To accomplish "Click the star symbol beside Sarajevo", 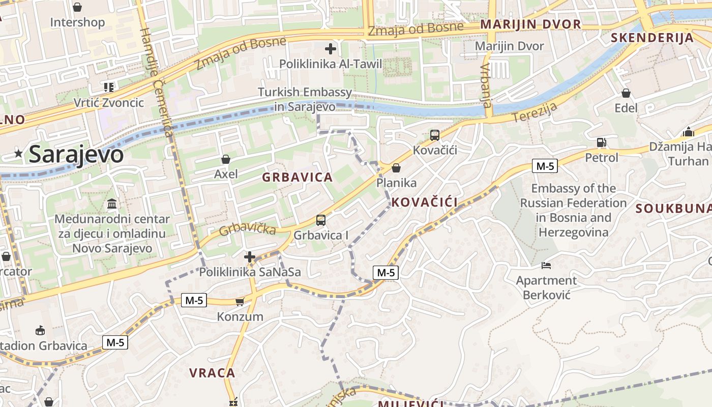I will click(x=19, y=153).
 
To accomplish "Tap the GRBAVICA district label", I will click(x=298, y=178).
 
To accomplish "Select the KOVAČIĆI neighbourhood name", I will click(x=425, y=202).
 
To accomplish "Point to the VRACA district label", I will click(x=212, y=373).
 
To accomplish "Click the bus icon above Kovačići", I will click(x=435, y=135).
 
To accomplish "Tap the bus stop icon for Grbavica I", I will click(x=321, y=220).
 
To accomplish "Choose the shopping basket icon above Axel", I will click(x=226, y=159).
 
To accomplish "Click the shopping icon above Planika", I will click(x=396, y=168).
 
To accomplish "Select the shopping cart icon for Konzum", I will click(x=240, y=302).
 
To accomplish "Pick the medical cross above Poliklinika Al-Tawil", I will click(x=331, y=49).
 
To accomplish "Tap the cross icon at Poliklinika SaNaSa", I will click(x=249, y=257).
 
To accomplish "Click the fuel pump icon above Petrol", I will click(x=602, y=142).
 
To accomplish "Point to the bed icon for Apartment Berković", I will click(x=546, y=266).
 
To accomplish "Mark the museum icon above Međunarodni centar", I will click(x=112, y=204).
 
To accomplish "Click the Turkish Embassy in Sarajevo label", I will click(x=305, y=99).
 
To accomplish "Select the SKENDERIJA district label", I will click(x=652, y=38).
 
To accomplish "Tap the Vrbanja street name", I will click(x=486, y=85).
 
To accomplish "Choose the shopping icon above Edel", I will click(x=626, y=93).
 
